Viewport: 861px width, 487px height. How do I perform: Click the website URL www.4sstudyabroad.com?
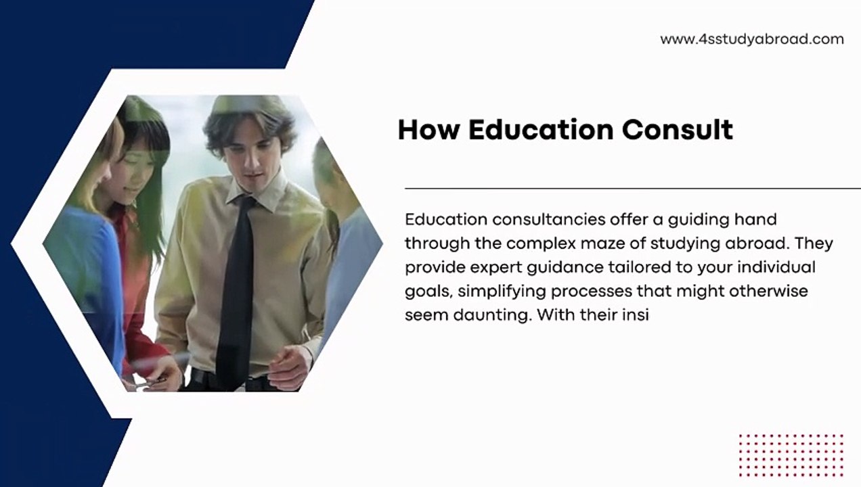(x=751, y=39)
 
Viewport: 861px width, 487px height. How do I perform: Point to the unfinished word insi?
(x=636, y=315)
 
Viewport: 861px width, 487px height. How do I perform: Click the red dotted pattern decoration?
(x=791, y=455)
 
